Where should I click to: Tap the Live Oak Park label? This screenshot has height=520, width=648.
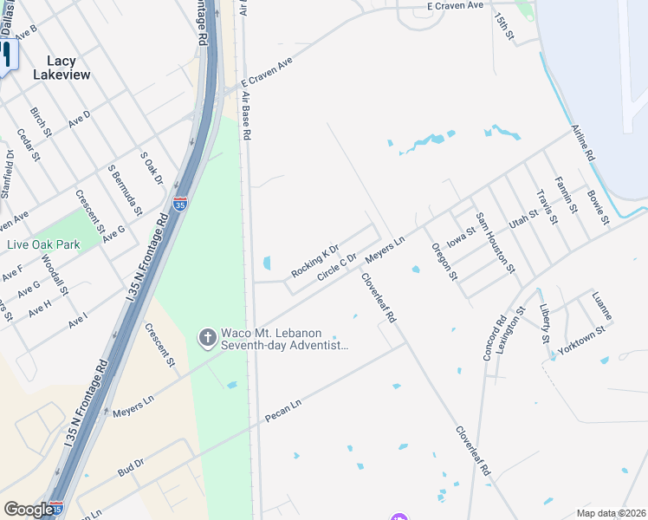(43, 244)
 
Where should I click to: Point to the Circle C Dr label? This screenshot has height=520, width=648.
(337, 267)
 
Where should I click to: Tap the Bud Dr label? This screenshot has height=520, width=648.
(131, 468)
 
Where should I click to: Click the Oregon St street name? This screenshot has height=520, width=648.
(444, 262)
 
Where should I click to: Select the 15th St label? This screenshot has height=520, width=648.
(504, 25)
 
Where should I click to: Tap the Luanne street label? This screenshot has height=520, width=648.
(602, 306)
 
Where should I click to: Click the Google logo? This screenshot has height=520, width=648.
(29, 510)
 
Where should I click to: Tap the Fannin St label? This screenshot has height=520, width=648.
(567, 195)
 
